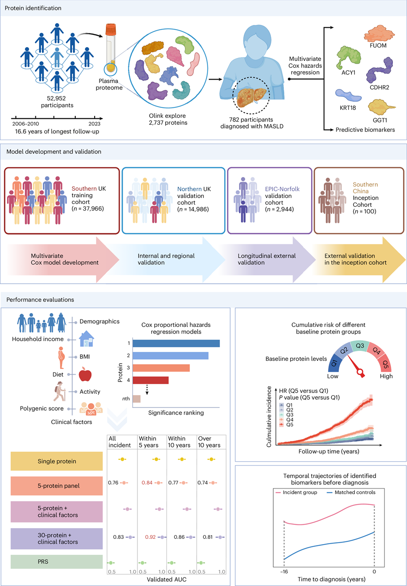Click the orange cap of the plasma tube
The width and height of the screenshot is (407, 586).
[111, 29]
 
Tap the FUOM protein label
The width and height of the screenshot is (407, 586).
[378, 46]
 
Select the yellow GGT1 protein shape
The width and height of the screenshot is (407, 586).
[381, 107]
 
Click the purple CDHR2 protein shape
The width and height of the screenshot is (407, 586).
[380, 70]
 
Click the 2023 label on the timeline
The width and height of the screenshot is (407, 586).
[94, 124]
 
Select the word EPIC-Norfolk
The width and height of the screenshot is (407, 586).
[282, 189]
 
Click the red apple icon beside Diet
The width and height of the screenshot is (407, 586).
[85, 374]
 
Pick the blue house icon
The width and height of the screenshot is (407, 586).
[87, 339]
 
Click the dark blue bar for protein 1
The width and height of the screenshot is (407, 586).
[176, 343]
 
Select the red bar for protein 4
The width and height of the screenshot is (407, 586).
[151, 380]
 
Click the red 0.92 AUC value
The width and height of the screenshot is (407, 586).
[150, 537]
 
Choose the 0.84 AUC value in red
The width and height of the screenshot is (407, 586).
[147, 483]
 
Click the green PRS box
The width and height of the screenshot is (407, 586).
[56, 562]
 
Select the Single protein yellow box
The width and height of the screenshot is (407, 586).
[56, 461]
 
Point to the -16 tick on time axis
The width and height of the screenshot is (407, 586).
[284, 571]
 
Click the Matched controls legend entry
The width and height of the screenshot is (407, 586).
[351, 492]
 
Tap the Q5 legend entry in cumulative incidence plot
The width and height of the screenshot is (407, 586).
[286, 424]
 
